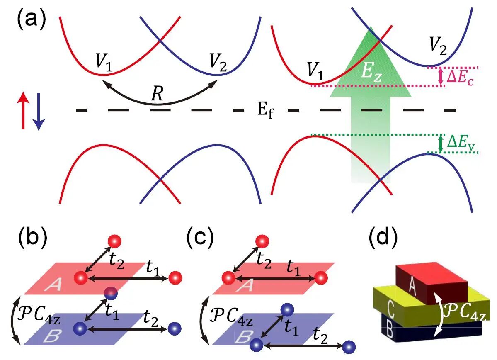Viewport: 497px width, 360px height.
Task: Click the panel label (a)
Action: click(32, 19)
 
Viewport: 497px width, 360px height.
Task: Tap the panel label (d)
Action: click(383, 237)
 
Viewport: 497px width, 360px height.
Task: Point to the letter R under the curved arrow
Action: click(157, 94)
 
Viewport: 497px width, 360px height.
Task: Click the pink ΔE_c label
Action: click(460, 77)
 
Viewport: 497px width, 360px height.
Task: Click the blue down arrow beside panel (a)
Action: click(39, 112)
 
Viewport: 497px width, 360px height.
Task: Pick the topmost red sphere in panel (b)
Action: click(114, 241)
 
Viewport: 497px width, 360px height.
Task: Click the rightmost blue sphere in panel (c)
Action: click(349, 347)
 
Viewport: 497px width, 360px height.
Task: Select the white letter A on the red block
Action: click(412, 284)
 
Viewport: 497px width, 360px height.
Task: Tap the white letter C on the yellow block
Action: click(390, 309)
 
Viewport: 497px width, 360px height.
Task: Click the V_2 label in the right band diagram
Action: click(438, 46)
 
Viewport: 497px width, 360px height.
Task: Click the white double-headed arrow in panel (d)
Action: click(439, 314)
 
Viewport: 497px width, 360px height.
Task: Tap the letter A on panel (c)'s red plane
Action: click(246, 285)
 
